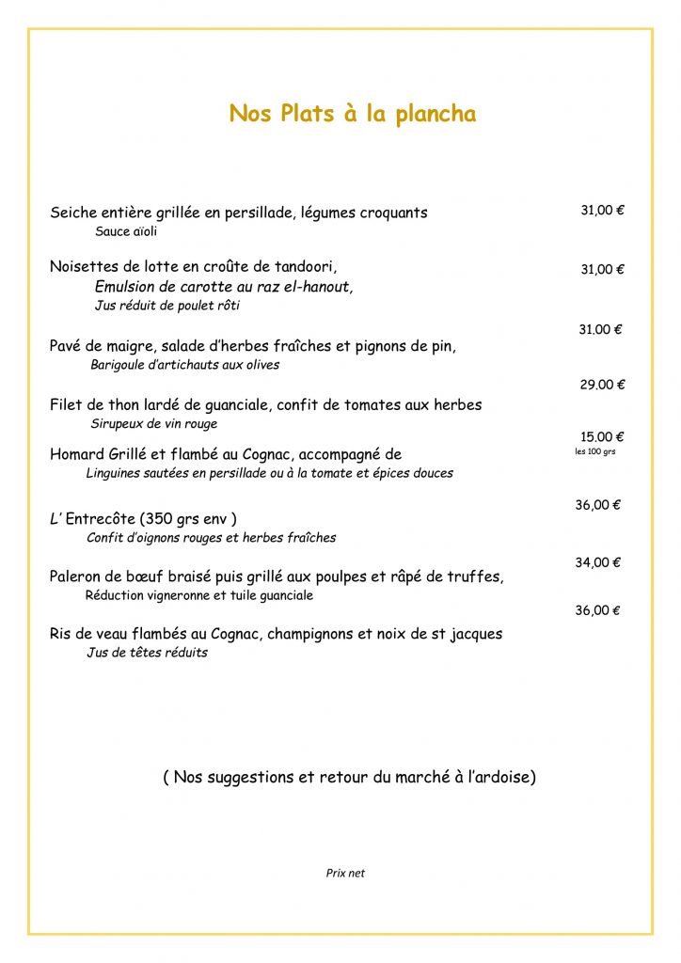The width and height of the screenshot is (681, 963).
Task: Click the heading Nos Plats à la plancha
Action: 352,114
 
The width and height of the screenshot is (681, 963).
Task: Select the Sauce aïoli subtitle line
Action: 126,231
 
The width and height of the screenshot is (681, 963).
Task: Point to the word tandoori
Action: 304,266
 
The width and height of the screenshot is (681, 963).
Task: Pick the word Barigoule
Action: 119,365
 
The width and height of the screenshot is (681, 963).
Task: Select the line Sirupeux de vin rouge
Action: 153,424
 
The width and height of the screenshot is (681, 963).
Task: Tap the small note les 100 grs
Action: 594,451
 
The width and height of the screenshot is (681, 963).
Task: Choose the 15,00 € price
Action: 601,436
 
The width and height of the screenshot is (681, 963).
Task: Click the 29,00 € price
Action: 601,384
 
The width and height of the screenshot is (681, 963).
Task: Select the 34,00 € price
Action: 597,562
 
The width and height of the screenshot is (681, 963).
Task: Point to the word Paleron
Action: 78,576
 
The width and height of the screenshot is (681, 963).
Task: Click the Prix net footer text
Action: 345,873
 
